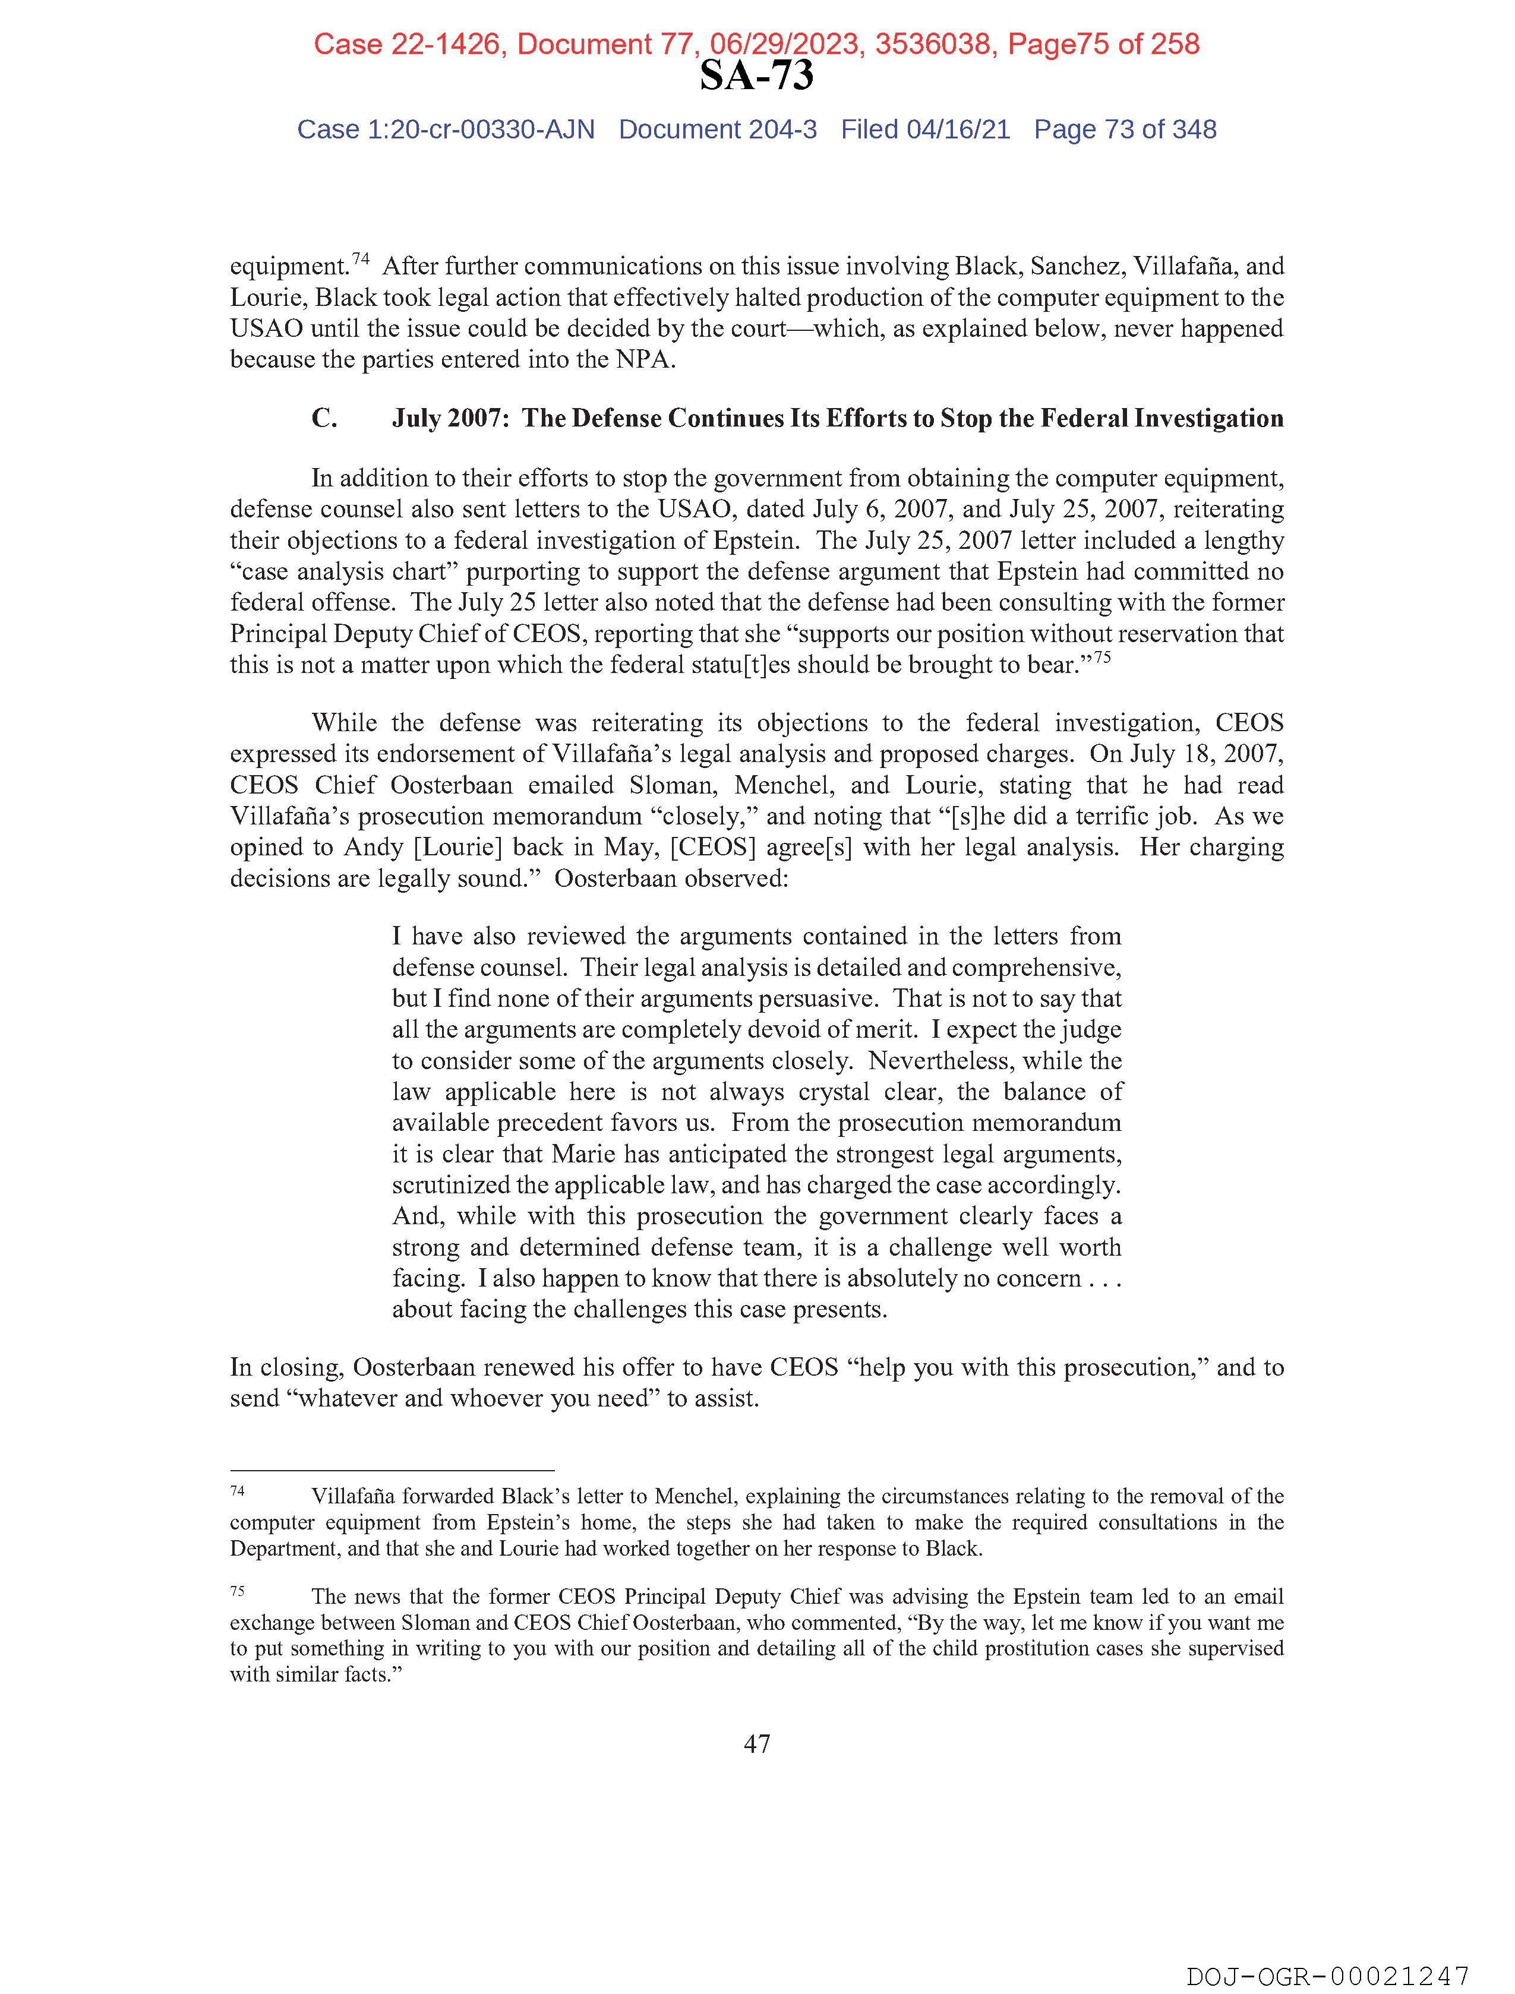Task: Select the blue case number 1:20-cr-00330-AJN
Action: [x=481, y=130]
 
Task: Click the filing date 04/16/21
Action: [x=958, y=130]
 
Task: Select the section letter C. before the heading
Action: [x=324, y=418]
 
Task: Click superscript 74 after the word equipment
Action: [x=361, y=260]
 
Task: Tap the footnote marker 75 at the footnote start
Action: [x=237, y=1591]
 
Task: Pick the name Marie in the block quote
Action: [x=585, y=1154]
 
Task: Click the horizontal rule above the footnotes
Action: [x=392, y=1470]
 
